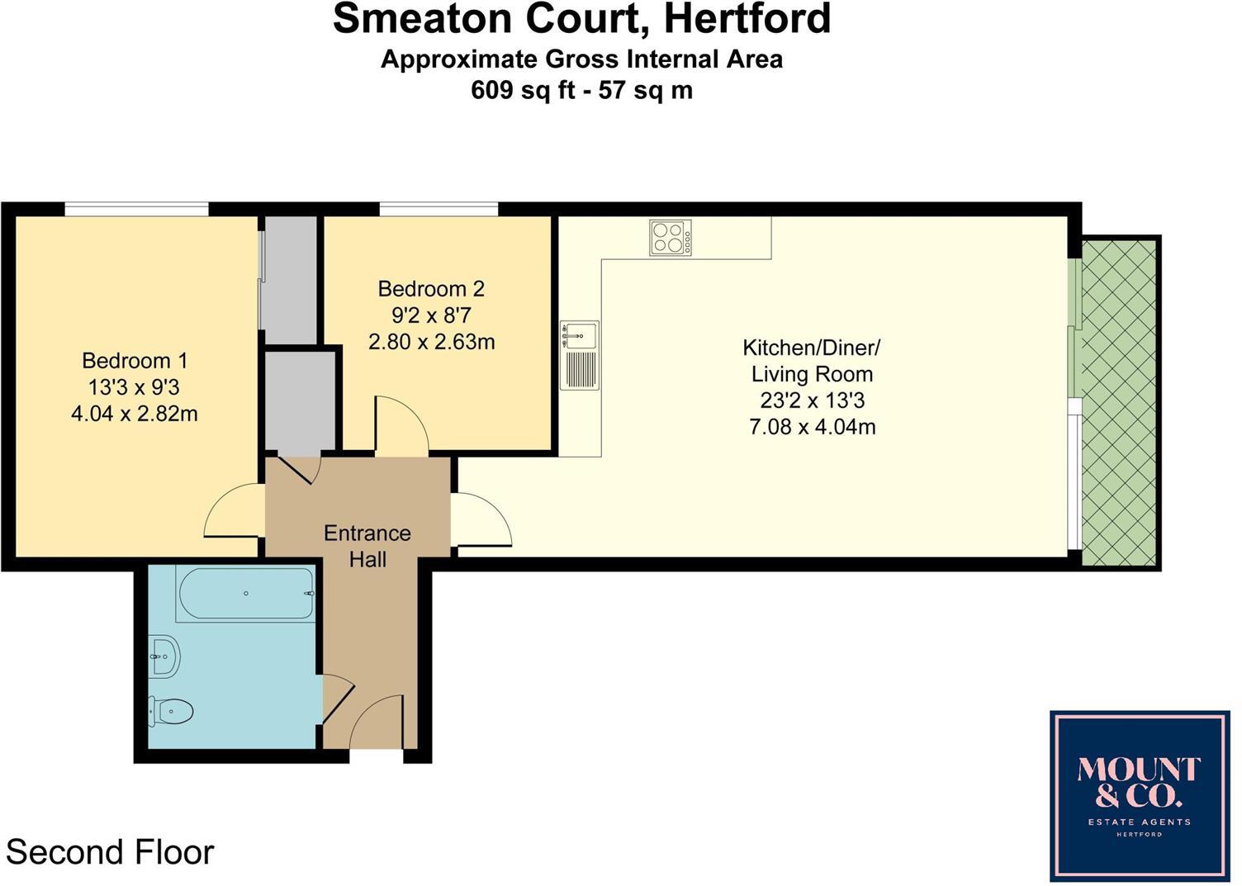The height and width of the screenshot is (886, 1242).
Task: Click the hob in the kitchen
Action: click(671, 238)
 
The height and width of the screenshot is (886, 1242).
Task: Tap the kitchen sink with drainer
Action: click(579, 355)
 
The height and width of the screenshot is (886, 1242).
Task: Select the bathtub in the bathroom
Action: click(245, 594)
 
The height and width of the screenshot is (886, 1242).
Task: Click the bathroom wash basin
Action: click(165, 656)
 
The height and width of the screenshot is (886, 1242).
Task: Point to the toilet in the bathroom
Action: click(171, 711)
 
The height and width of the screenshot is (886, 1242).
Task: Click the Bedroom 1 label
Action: click(135, 361)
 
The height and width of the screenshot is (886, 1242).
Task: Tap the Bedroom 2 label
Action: click(431, 289)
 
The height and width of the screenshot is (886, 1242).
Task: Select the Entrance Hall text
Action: click(367, 546)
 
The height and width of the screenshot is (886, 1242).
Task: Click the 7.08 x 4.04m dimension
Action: click(812, 427)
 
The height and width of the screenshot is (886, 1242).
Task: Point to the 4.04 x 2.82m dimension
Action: click(135, 414)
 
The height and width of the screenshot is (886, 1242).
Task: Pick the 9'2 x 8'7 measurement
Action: click(431, 315)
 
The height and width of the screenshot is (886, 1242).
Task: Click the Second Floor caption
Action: click(110, 852)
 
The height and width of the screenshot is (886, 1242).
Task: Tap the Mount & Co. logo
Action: click(1139, 795)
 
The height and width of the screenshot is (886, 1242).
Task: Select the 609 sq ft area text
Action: click(522, 89)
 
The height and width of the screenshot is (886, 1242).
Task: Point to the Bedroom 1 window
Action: click(136, 210)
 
